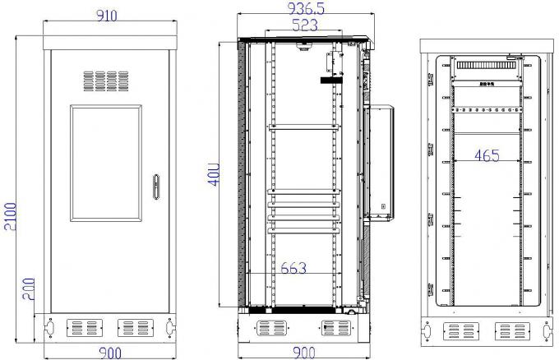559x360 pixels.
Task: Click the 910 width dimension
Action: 108,14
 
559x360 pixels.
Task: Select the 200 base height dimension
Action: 26,288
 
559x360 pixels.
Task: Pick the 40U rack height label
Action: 212,174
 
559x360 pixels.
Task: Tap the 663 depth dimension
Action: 293,267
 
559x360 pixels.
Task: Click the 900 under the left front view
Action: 107,353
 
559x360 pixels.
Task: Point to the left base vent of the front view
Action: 82,328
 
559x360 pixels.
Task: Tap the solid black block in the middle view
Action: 330,80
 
